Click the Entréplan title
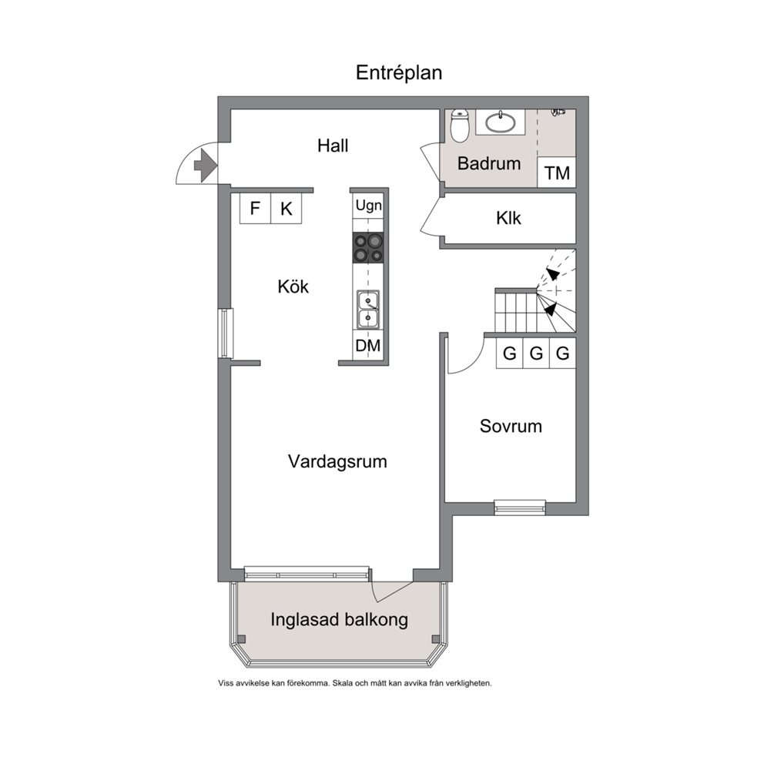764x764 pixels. click(399, 73)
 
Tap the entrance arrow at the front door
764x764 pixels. click(205, 165)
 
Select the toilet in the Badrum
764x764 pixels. click(460, 126)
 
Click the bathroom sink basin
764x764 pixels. click(501, 122)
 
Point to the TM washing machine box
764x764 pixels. click(556, 173)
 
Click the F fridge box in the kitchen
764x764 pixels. click(255, 209)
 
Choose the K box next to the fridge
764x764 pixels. click(286, 209)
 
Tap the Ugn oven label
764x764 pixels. click(368, 206)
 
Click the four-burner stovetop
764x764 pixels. click(368, 247)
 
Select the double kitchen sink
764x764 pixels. click(368, 310)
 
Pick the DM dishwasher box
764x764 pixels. click(368, 346)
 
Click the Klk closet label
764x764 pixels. click(508, 218)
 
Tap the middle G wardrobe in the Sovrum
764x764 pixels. click(536, 353)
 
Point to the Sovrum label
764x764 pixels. click(511, 427)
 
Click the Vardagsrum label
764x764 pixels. click(337, 461)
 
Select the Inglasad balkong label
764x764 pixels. click(339, 620)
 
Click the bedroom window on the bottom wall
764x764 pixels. click(520, 508)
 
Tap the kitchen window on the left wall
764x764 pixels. click(225, 333)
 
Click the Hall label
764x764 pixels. click(333, 146)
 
